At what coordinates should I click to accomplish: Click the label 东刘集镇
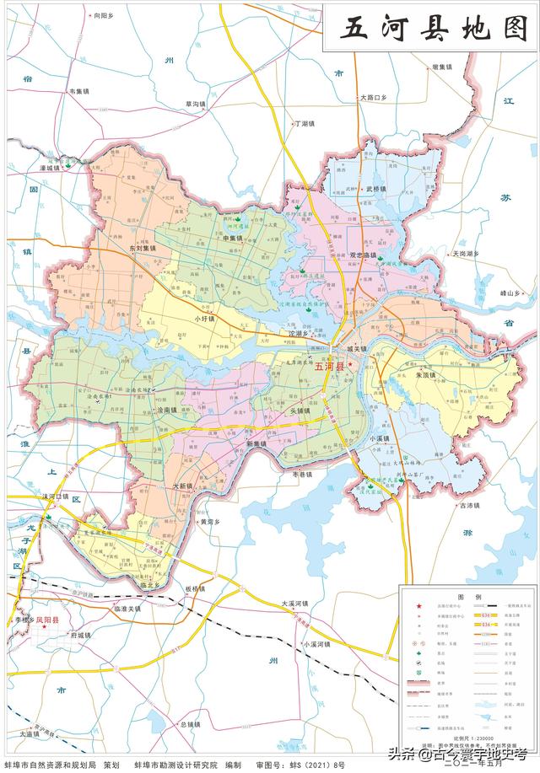tap(143, 249)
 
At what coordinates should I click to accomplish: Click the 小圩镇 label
tap(205, 319)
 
